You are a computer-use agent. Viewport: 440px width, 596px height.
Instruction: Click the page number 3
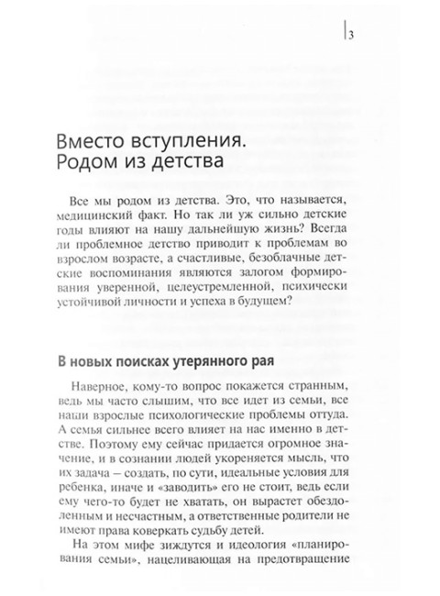(x=350, y=36)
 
